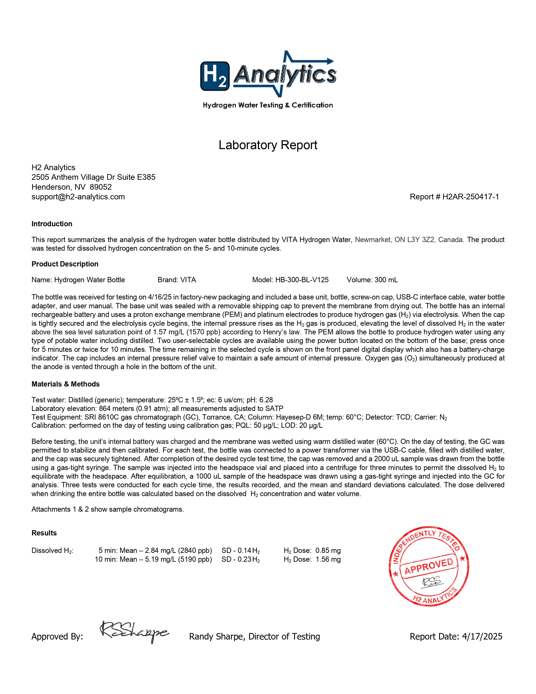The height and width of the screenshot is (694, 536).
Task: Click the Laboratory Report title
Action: click(x=268, y=145)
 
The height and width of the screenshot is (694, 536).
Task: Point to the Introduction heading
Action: click(x=52, y=224)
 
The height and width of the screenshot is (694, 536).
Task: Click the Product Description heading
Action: click(x=65, y=264)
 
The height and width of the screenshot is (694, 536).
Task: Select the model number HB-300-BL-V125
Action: click(x=302, y=280)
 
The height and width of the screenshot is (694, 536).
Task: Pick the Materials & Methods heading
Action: click(x=65, y=384)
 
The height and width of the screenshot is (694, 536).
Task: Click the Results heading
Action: click(x=44, y=533)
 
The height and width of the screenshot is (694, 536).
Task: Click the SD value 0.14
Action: click(x=244, y=551)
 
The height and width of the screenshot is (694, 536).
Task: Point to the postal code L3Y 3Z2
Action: click(x=421, y=240)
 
